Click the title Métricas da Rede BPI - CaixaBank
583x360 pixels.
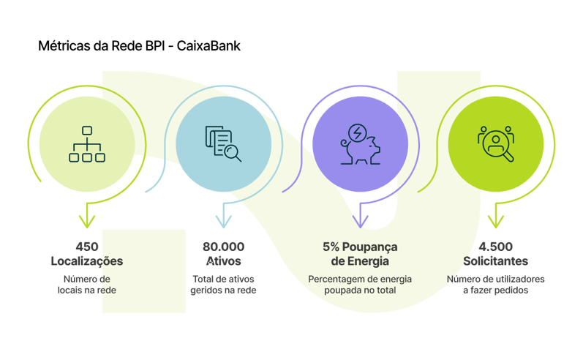coord(139,46)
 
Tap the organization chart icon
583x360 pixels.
coord(86,143)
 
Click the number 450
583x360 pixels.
coord(86,247)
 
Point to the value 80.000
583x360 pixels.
coord(224,247)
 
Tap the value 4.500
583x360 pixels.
coord(496,247)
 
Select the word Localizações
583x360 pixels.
coord(86,261)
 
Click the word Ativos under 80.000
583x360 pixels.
coord(224,261)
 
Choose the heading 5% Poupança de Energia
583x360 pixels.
coord(359,254)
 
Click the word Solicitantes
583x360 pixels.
coord(496,261)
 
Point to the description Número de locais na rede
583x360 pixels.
coord(86,285)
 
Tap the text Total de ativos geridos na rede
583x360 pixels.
coord(224,285)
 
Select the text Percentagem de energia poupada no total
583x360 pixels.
coord(359,285)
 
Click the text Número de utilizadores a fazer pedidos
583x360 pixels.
coord(496,285)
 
